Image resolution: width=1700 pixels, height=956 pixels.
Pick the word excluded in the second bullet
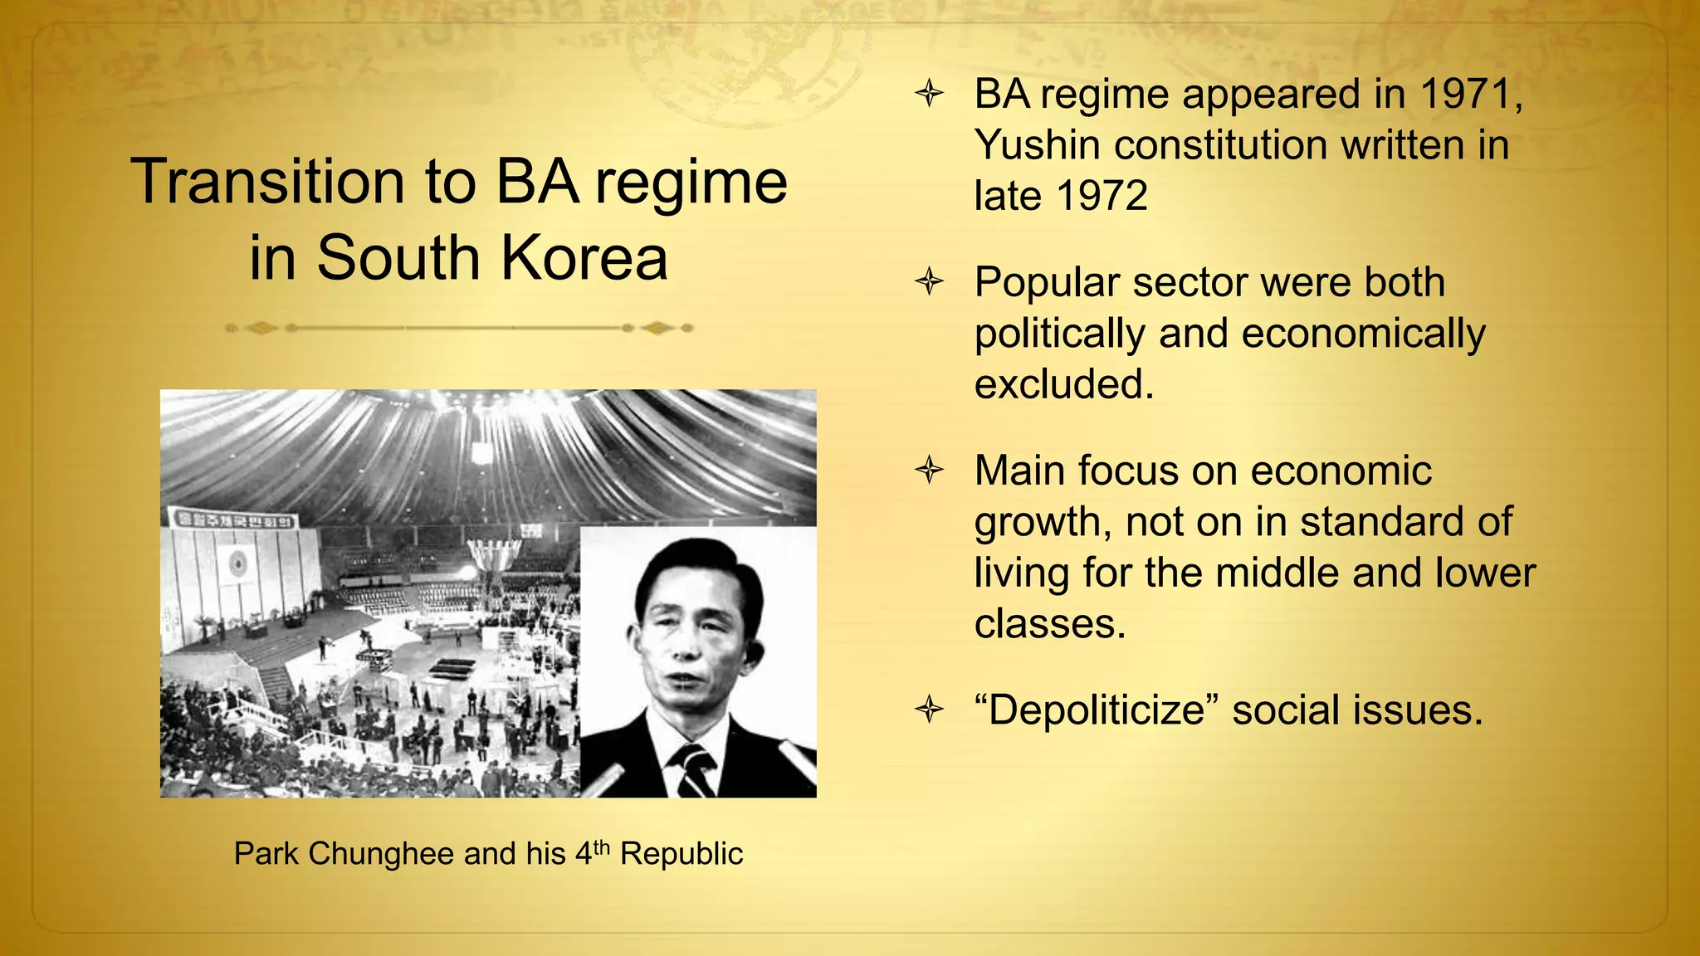tap(1063, 384)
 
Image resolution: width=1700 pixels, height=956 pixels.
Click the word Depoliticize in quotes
tap(1096, 710)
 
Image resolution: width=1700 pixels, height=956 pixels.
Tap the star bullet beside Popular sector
tap(930, 282)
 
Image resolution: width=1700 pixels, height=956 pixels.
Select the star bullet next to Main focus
tap(930, 471)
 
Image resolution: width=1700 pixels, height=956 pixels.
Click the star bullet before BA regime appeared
tap(930, 94)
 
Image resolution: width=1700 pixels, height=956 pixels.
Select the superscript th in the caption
tap(601, 846)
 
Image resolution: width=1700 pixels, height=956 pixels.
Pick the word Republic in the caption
tap(681, 854)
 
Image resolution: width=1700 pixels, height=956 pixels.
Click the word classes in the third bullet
tap(1049, 624)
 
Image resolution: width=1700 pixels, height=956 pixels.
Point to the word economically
tap(1363, 334)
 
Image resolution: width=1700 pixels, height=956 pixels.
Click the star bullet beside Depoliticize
tap(930, 710)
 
